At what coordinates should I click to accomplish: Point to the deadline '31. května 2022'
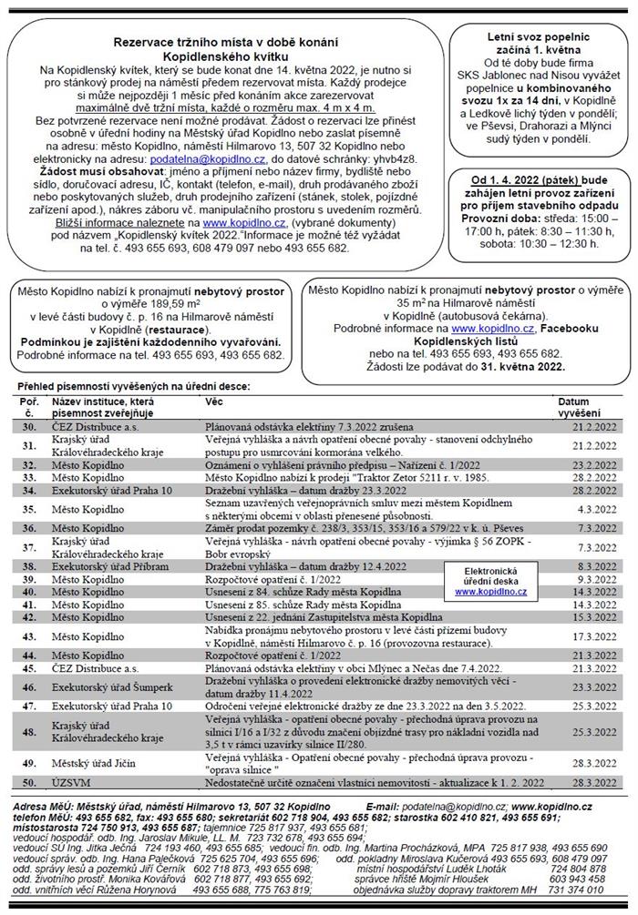point(520,367)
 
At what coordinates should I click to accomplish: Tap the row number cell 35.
point(30,508)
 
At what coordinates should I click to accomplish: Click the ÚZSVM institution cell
point(74,781)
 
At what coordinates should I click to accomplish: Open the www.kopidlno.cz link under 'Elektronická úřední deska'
point(491,591)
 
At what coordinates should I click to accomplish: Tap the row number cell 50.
point(30,781)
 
